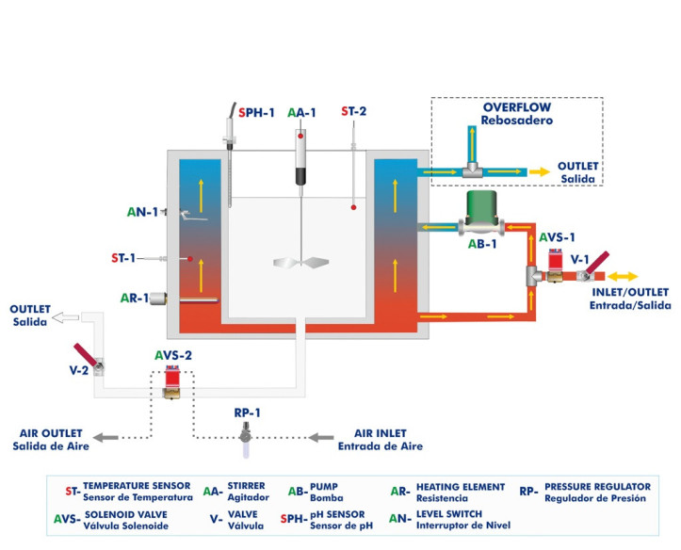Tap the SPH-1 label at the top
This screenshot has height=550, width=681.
(256, 112)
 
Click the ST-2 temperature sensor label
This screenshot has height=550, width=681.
(353, 111)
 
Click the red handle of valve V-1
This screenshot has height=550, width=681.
(595, 262)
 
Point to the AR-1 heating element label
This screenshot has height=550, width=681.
(133, 299)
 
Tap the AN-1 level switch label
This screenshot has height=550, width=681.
(140, 213)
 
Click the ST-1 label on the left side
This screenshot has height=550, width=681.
(123, 257)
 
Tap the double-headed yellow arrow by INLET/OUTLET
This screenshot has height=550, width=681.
(625, 276)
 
